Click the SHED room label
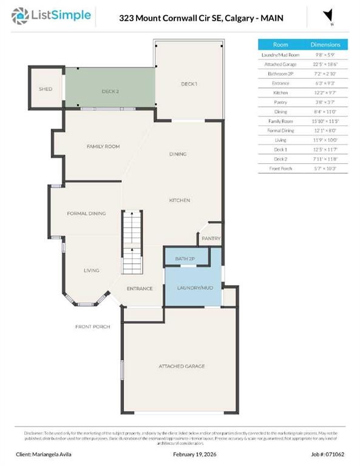click(x=46, y=89)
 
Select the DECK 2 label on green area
click(x=109, y=91)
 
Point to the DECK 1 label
click(x=189, y=84)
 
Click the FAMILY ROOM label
click(x=103, y=146)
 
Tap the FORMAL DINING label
click(x=86, y=214)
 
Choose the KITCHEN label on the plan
click(x=180, y=200)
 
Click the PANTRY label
click(x=211, y=238)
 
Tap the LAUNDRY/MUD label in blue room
click(x=194, y=288)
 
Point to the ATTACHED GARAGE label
click(x=182, y=366)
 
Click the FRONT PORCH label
click(x=92, y=327)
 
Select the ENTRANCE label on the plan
click(x=139, y=288)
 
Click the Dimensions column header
click(x=325, y=45)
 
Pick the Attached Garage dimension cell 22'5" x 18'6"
click(x=325, y=64)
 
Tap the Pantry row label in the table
click(x=280, y=102)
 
